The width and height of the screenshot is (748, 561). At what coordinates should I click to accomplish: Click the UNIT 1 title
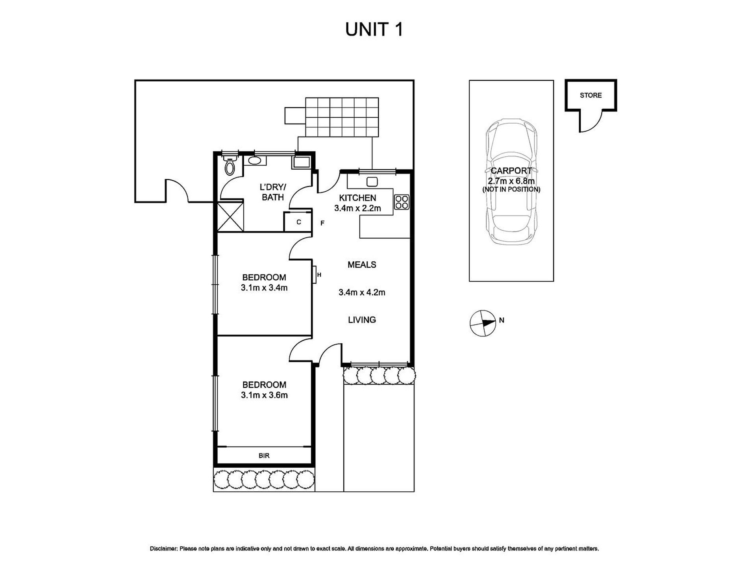(x=374, y=30)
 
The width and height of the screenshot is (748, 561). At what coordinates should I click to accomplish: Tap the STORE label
(x=591, y=95)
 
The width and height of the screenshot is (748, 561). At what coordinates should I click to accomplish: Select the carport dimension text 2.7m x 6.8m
(x=511, y=181)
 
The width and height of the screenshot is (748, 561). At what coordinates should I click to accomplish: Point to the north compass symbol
(x=483, y=323)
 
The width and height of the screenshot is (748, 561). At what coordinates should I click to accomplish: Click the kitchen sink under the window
(x=372, y=181)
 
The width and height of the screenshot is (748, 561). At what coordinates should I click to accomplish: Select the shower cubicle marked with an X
(x=230, y=216)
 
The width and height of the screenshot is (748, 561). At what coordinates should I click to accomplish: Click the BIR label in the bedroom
(x=264, y=455)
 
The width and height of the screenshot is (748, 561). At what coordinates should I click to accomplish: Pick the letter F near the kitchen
(x=322, y=223)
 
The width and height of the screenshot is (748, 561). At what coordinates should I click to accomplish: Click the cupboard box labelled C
(x=298, y=222)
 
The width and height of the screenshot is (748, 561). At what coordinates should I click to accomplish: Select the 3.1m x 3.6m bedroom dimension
(x=264, y=395)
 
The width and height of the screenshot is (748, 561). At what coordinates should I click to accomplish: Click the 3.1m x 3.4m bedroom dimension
(x=264, y=288)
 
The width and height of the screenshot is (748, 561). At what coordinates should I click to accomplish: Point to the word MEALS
(x=362, y=265)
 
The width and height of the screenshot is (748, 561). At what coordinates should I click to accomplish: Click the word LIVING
(x=362, y=320)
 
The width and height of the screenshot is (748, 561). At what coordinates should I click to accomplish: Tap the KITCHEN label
(x=357, y=198)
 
